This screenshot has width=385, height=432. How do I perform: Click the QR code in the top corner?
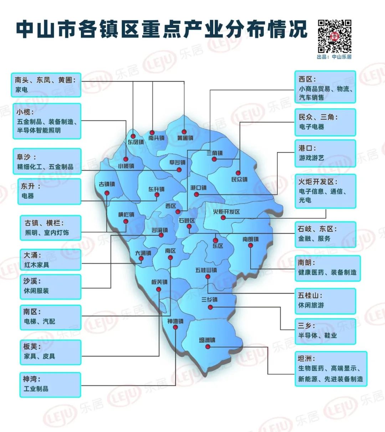click(x=334, y=36)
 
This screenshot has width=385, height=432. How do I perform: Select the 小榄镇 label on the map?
click(x=126, y=166)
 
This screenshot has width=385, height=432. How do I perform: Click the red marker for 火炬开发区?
click(x=223, y=218)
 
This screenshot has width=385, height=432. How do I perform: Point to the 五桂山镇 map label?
click(x=206, y=270)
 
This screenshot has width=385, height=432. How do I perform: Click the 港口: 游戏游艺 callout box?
click(x=325, y=153)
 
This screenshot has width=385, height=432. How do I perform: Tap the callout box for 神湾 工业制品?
click(x=50, y=385)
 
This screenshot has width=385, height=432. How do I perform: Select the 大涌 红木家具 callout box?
click(x=50, y=260)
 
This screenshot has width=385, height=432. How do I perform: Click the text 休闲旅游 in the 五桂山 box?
click(x=311, y=305)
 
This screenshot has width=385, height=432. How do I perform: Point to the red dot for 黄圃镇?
click(x=184, y=132)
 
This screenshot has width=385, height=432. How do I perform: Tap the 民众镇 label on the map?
click(x=239, y=179)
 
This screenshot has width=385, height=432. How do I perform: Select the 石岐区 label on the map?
click(x=187, y=221)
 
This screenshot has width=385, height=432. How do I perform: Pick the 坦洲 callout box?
click(x=330, y=369)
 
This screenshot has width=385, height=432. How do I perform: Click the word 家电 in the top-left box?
click(x=21, y=90)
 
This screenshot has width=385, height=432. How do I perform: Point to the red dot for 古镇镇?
click(x=107, y=193)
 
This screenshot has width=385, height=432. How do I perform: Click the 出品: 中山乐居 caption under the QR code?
click(x=334, y=57)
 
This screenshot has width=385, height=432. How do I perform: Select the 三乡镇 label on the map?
click(x=209, y=300)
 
